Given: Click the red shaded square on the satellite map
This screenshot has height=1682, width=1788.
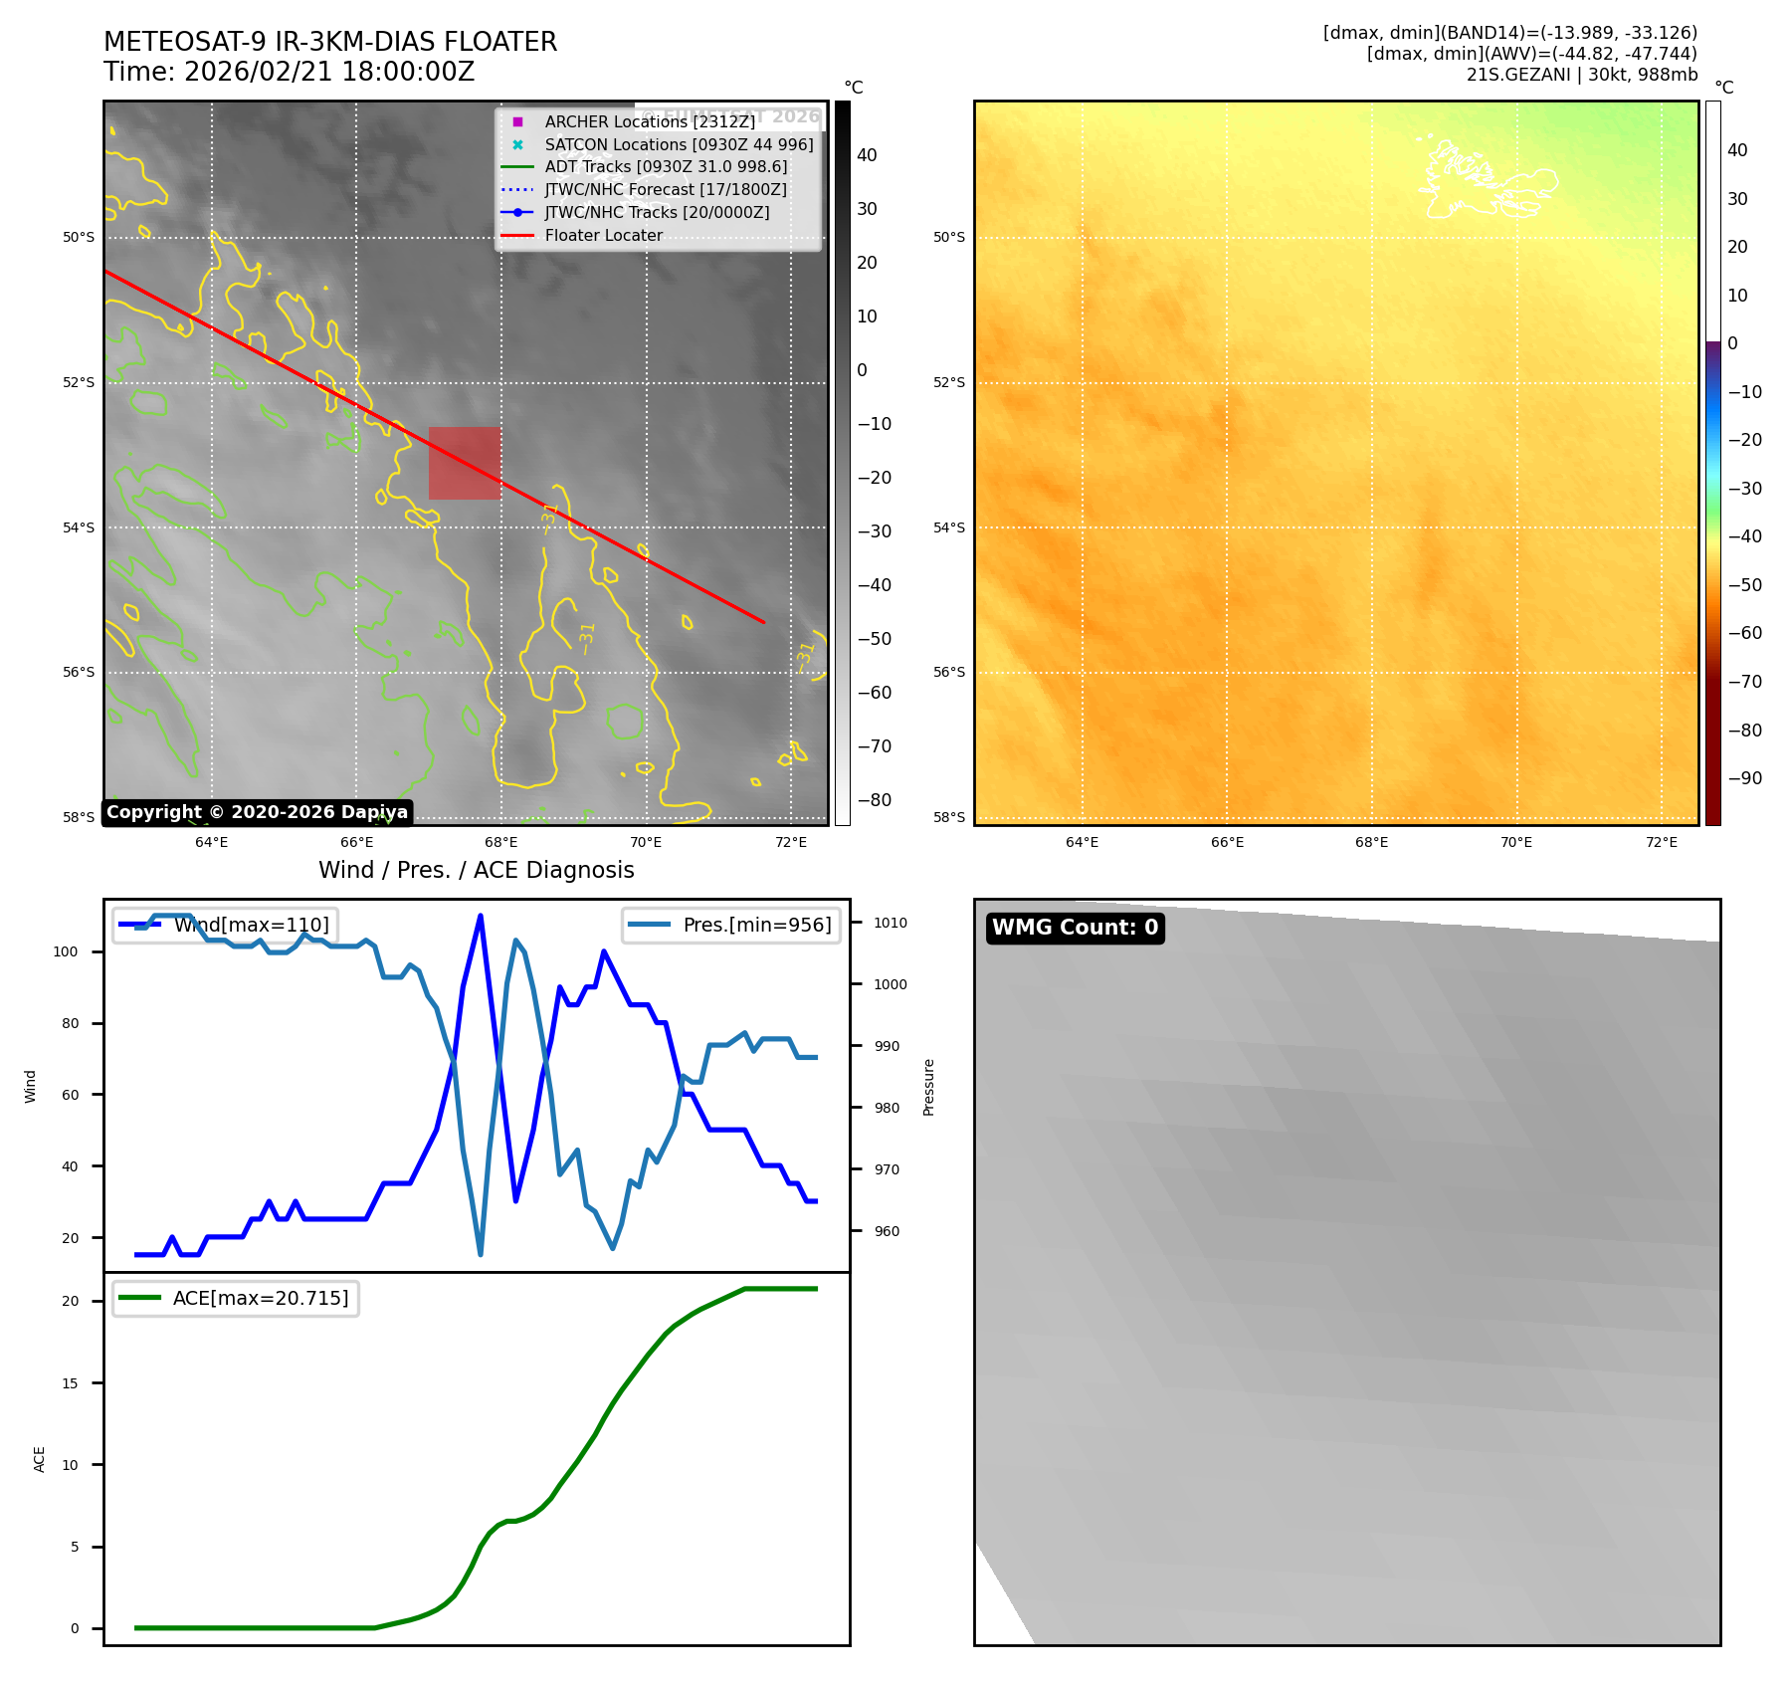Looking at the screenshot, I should tap(464, 463).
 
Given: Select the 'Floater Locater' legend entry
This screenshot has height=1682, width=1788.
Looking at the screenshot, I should tap(603, 236).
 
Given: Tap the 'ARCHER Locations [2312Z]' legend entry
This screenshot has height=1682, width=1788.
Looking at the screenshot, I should tap(650, 121).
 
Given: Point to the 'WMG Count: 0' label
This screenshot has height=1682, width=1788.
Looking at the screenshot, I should tap(1075, 928).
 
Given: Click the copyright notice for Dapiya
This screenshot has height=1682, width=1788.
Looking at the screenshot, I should tap(257, 812).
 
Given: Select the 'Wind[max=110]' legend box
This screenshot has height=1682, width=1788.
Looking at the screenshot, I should tap(225, 925).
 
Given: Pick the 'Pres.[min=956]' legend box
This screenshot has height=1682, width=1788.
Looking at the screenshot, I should tap(731, 925).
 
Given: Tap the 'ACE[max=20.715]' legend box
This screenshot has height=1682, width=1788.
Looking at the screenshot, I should tap(236, 1298).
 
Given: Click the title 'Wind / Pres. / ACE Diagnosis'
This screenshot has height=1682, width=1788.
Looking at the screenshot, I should tap(476, 870).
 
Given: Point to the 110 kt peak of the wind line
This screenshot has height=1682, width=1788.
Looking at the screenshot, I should tap(481, 916).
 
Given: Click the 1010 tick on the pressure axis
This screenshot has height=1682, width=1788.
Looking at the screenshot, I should tap(890, 923).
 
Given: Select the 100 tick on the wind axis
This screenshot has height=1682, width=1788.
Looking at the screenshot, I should tap(66, 951).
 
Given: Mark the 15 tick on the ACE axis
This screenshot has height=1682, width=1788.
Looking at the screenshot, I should tap(70, 1383).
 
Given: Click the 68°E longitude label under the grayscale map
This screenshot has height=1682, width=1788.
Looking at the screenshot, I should tap(500, 842).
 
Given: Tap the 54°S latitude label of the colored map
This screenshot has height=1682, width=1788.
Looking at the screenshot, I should tap(948, 527).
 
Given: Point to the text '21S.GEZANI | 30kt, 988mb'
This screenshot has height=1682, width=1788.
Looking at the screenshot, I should tap(1581, 75).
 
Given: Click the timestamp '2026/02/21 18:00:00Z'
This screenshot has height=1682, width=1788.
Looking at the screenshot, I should tap(329, 73).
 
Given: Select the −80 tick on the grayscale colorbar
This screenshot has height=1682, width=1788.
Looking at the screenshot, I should tap(875, 800).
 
